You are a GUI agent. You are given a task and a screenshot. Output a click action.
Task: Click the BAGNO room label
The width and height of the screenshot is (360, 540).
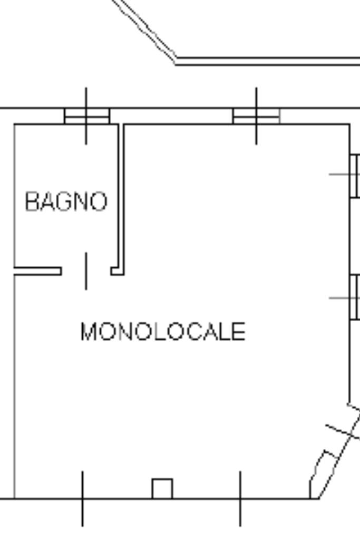tap(66, 201)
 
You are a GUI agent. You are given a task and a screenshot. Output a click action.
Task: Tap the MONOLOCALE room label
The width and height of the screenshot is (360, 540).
tap(162, 332)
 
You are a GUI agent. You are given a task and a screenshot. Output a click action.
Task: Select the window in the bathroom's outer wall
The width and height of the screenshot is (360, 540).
tap(87, 115)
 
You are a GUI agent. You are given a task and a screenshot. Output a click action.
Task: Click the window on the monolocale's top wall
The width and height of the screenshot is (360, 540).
tap(256, 115)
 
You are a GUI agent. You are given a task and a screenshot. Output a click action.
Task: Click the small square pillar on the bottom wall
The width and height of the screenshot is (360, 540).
tap(162, 488)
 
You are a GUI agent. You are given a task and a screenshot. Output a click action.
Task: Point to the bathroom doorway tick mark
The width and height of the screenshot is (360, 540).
tap(86, 271)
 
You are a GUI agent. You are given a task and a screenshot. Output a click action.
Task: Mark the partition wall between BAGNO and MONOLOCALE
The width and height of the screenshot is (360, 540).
tap(121, 195)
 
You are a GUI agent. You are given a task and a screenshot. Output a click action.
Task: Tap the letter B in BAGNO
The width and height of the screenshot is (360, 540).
tap(32, 201)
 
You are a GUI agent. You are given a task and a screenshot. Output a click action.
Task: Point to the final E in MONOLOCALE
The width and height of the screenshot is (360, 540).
tap(239, 332)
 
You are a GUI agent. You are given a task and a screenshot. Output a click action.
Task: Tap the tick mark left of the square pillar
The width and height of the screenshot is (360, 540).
tap(82, 498)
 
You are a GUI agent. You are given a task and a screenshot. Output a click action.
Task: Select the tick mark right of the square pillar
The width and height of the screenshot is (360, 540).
tap(240, 498)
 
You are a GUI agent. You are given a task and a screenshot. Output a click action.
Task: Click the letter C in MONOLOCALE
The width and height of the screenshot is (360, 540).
tap(187, 332)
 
